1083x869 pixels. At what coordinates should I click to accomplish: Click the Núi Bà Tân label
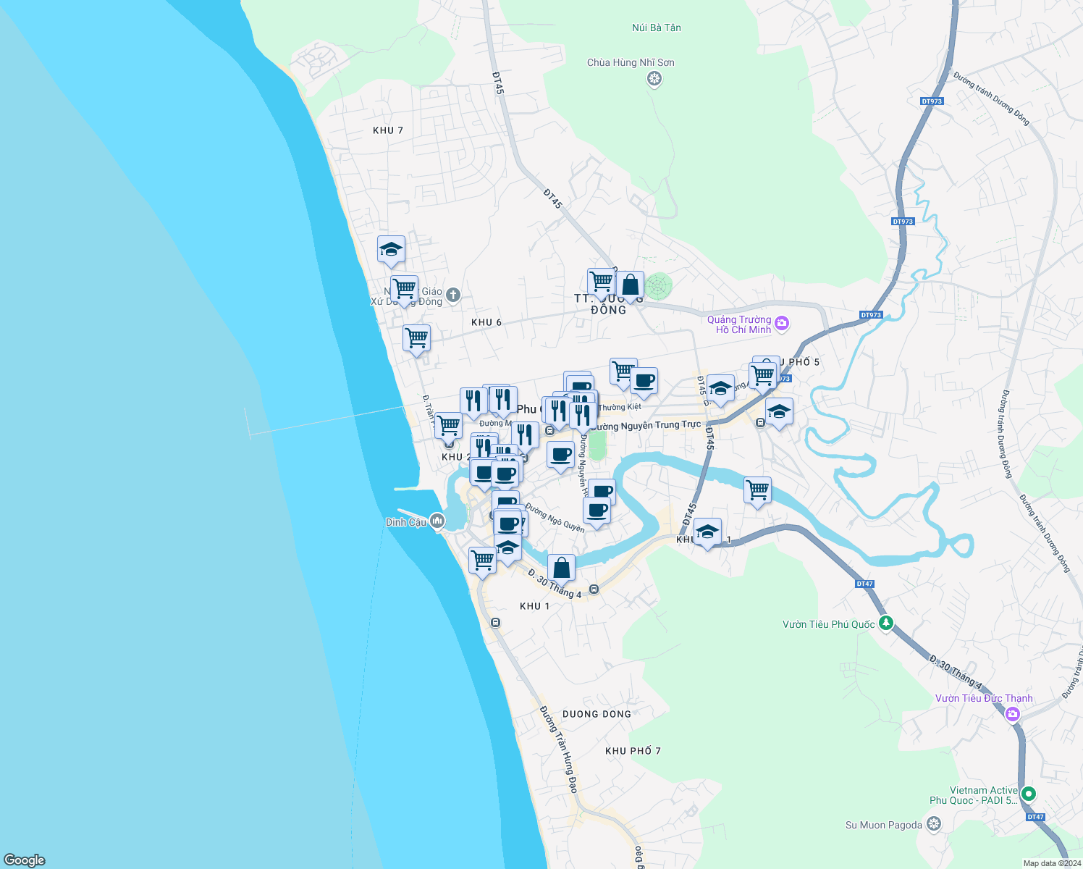[656, 28]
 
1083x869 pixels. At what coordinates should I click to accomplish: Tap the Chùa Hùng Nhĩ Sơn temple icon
[654, 78]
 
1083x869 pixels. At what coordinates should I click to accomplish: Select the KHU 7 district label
[387, 130]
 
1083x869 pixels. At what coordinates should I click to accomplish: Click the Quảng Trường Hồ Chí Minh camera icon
[781, 324]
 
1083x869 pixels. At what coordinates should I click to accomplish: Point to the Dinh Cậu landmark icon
[437, 521]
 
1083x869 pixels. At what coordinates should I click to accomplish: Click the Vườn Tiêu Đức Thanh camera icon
[1013, 715]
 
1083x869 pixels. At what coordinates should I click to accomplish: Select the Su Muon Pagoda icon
[934, 824]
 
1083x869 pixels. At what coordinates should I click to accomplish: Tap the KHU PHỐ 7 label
[633, 751]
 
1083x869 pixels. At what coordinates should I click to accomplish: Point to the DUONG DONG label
[597, 714]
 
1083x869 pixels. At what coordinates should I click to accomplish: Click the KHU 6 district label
[486, 322]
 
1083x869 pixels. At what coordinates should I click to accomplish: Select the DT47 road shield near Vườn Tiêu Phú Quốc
[864, 584]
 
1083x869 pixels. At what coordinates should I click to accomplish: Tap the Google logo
[25, 860]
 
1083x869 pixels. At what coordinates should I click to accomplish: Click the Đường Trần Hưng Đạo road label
[560, 749]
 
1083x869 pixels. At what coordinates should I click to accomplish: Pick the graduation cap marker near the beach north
[391, 250]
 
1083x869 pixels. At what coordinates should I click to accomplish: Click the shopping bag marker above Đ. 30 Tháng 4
[561, 568]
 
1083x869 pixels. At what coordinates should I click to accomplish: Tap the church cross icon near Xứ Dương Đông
[453, 295]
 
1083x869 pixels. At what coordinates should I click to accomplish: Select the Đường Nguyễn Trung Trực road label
[646, 426]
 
